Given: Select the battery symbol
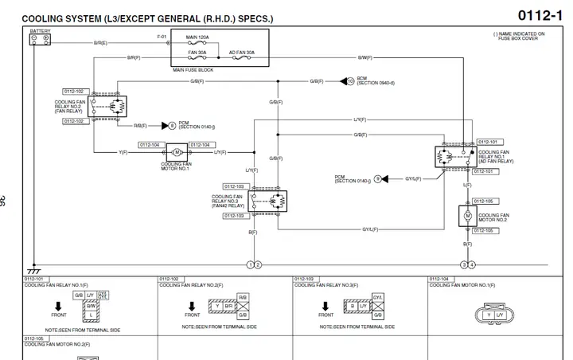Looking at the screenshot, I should pos(40,39).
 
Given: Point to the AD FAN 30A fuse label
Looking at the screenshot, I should pos(242,52).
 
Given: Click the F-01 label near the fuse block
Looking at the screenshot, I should pos(162,37).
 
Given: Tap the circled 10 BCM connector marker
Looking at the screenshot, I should pos(350,81).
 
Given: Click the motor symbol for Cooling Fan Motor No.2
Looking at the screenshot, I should pos(467,216).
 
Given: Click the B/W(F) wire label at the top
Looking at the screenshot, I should pos(364,58).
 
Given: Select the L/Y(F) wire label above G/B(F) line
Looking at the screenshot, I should pos(360,119).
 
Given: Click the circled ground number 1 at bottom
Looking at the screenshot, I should pos(251,264).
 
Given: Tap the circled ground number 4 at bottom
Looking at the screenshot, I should pos(472,264).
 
